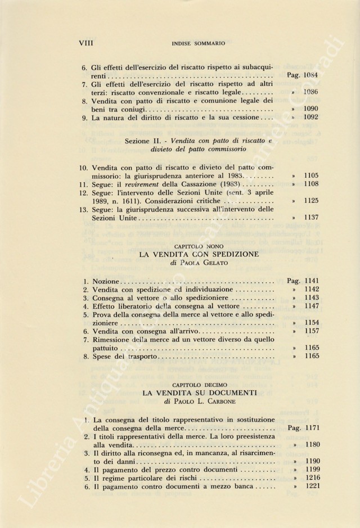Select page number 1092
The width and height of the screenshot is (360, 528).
pyautogui.click(x=310, y=118)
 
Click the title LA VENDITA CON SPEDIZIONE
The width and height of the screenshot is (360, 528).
pyautogui.click(x=199, y=254)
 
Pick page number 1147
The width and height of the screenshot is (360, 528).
pyautogui.click(x=310, y=306)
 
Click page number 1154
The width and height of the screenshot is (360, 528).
pyautogui.click(x=310, y=324)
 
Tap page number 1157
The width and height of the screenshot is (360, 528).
pyautogui.click(x=310, y=332)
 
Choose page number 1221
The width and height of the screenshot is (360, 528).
pyautogui.click(x=310, y=488)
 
